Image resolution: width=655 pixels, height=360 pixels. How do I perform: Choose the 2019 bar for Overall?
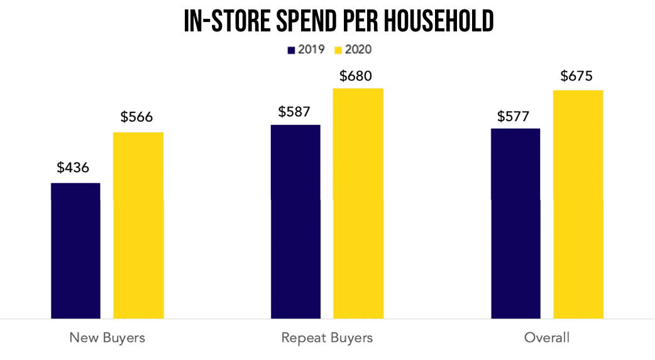tap(515, 223)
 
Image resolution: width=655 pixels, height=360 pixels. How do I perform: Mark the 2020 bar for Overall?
tap(578, 204)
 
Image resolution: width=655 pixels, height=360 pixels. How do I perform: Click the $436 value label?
tap(73, 168)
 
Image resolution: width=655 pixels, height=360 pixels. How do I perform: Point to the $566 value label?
tap(136, 117)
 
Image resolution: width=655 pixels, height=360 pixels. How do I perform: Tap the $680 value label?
tap(356, 76)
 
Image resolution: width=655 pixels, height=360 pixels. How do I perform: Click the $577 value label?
tap(514, 116)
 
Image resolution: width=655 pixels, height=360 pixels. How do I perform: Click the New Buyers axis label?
tap(107, 337)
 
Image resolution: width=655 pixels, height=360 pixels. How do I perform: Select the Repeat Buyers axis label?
tap(327, 337)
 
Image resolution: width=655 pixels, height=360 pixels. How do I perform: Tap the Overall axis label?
tap(547, 337)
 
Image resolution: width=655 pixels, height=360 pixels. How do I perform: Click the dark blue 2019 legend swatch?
tap(291, 50)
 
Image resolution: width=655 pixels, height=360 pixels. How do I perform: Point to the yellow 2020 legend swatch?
tap(337, 50)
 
